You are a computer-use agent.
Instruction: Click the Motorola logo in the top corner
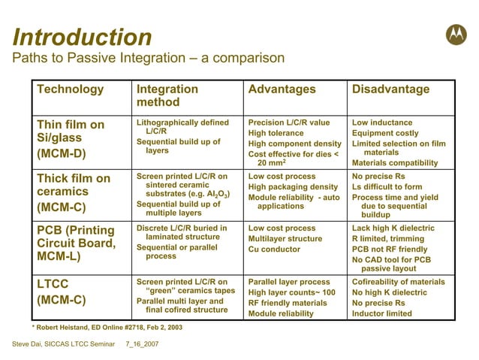(456, 34)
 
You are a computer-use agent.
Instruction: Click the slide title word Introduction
(83, 37)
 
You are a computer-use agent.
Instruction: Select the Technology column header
(71, 89)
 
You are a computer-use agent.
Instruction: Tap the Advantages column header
(282, 89)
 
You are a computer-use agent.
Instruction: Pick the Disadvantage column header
(390, 89)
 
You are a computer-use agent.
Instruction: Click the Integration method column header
(167, 95)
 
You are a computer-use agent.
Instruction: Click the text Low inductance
(382, 123)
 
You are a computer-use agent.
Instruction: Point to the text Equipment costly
(385, 133)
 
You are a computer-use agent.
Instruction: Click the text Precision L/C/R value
(288, 123)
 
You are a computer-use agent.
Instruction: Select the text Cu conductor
(275, 249)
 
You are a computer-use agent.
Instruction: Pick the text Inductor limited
(382, 313)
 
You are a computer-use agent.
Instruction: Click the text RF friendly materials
(288, 303)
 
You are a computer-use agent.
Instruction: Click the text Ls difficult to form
(388, 187)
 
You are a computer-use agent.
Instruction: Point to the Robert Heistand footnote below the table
(106, 327)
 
